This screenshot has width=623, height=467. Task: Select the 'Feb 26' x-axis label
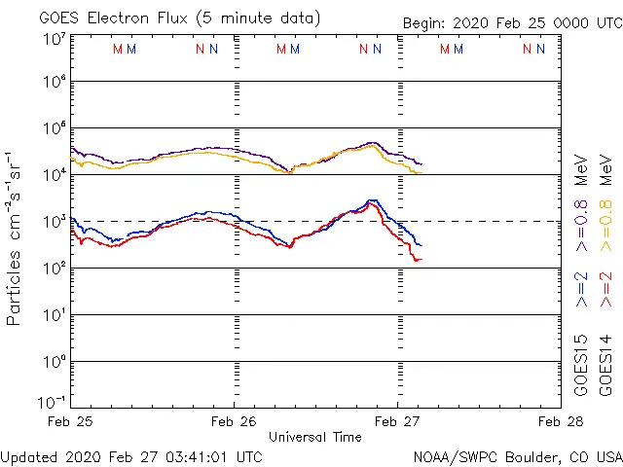point(234,422)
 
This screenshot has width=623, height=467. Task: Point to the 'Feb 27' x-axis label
point(397,422)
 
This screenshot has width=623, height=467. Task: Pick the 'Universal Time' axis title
point(315,437)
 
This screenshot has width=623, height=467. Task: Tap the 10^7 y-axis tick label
point(54,38)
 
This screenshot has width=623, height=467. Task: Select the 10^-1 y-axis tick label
point(54,402)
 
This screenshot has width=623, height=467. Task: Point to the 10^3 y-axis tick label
point(54,221)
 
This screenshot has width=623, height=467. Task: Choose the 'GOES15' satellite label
point(581,366)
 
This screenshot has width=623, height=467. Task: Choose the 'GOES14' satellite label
point(605,366)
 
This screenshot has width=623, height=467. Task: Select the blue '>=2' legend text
point(581,290)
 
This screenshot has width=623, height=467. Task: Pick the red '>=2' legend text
point(605,290)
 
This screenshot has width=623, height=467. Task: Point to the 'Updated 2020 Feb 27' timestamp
point(131,455)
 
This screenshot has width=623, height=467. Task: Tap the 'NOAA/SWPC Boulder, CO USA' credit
point(517,455)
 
